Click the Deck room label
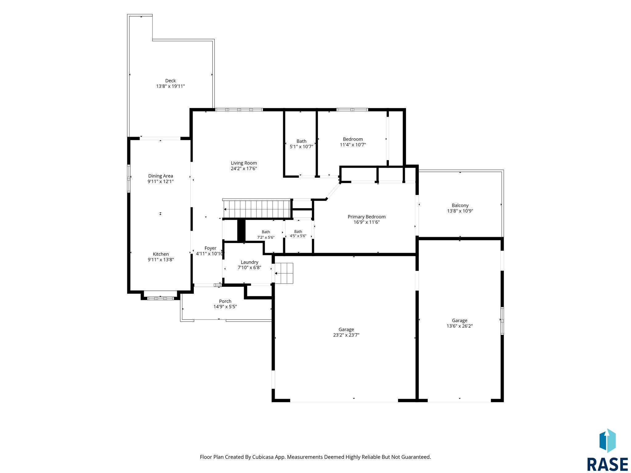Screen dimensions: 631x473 coord(170,81)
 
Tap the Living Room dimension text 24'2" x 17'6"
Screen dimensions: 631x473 coord(244,169)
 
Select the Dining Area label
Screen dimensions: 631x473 coord(161,176)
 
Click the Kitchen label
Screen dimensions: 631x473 coord(161,254)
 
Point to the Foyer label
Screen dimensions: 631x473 coord(210,248)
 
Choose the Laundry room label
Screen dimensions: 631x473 coord(250,262)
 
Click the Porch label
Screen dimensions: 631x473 coord(225,301)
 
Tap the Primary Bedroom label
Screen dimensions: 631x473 coord(367,217)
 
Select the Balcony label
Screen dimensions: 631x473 coord(460,205)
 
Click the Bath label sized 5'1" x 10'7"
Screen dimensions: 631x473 coord(301,141)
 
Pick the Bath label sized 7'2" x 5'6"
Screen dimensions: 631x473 coord(266,232)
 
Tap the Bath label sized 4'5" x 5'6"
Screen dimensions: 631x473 coord(298,232)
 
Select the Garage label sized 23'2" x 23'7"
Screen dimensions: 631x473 coord(346,329)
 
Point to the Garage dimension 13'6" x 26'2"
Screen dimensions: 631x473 coord(460,326)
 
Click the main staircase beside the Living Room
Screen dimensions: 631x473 coord(257,209)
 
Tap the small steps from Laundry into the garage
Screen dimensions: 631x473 coord(284,273)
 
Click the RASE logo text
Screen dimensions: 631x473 coord(607,464)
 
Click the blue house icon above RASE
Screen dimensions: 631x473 coord(607,441)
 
